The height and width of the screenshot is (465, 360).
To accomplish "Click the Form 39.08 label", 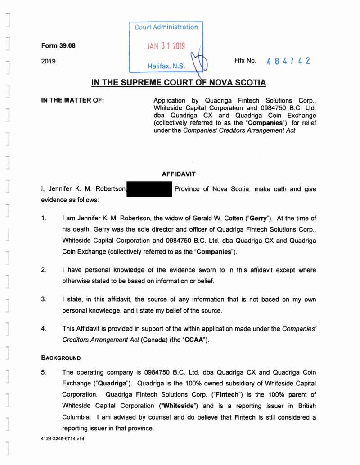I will coord(56,46).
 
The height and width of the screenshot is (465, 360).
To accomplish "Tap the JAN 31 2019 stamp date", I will coord(166,46).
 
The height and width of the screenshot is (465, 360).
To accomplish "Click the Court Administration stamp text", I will coord(166,27).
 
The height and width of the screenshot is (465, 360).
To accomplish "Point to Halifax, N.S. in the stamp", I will coord(166,67).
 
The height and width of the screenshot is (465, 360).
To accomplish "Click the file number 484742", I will coord(288,61).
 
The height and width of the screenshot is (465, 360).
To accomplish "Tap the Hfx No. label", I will coord(245,60).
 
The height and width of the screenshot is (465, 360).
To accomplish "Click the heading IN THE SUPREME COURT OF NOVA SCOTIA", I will coord(179,83).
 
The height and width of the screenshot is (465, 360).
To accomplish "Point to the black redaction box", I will coord(150,189).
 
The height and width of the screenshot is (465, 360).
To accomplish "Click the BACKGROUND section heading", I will coord(61,358).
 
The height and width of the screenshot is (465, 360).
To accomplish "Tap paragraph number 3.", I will coord(44,300).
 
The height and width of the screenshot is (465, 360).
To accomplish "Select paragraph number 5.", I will coord(44,372).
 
